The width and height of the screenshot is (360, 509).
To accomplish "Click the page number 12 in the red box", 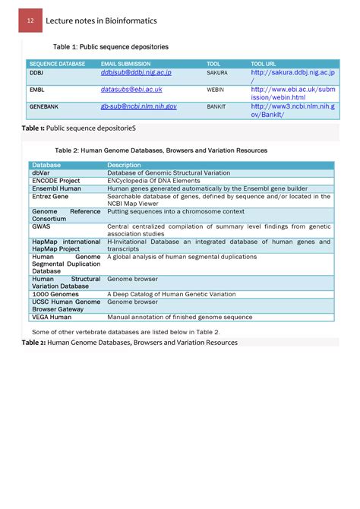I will (30, 21).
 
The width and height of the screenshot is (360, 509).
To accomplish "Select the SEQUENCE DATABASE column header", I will (57, 64).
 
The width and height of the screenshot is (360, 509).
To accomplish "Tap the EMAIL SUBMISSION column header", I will (126, 64).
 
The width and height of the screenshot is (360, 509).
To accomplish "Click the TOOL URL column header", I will (264, 64).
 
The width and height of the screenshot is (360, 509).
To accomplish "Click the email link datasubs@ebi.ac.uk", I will (131, 90).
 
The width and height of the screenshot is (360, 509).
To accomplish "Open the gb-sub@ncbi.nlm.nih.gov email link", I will (139, 106).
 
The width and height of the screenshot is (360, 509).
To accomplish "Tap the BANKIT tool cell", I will (216, 107).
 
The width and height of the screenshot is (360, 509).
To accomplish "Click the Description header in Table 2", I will (125, 165).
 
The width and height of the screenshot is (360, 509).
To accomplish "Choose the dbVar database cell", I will (41, 173).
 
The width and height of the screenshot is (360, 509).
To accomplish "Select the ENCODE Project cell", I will (56, 181).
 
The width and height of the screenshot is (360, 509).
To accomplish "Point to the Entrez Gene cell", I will (50, 196).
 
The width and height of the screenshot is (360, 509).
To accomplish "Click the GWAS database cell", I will (41, 226).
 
